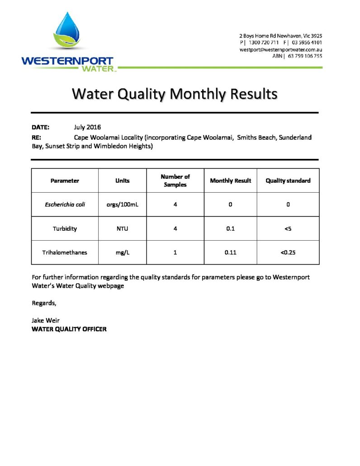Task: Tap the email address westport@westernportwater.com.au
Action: (x=280, y=49)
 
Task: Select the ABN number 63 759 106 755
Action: (x=305, y=56)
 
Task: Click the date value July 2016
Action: (x=87, y=127)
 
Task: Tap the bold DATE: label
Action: (x=40, y=127)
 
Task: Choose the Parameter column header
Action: (x=65, y=181)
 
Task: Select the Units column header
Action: (x=122, y=181)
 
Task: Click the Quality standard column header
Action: (x=288, y=181)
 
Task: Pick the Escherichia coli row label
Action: (x=65, y=204)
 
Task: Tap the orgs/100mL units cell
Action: (x=122, y=204)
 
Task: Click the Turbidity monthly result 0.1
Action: (x=230, y=228)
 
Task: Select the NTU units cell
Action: (x=122, y=228)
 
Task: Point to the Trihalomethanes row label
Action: (x=65, y=252)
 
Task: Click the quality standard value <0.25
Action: (x=288, y=252)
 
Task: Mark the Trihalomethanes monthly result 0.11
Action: (x=230, y=252)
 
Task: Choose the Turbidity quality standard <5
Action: (x=288, y=228)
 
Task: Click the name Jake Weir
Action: (x=45, y=321)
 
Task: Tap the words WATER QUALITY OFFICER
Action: (x=69, y=329)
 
